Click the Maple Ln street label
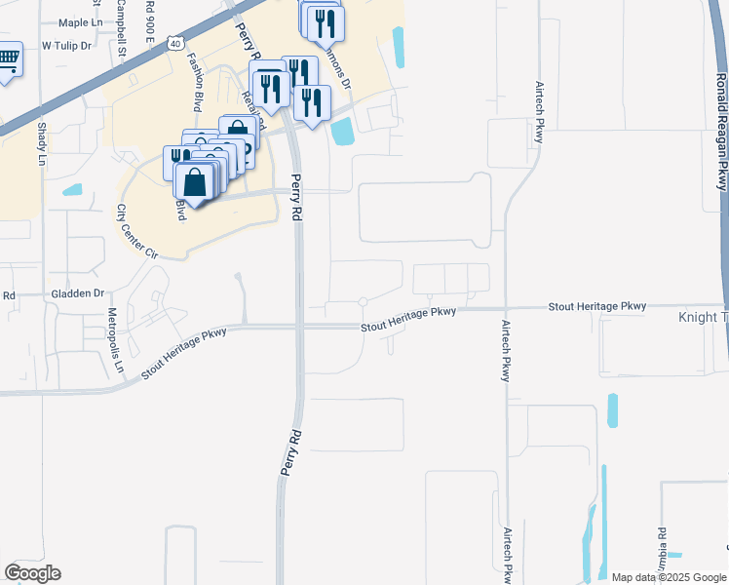pyautogui.click(x=80, y=21)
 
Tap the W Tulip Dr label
pyautogui.click(x=66, y=46)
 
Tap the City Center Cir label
pyautogui.click(x=135, y=229)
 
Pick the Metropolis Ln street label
pyautogui.click(x=115, y=340)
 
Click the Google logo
pyautogui.click(x=31, y=573)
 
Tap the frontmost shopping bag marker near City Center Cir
pyautogui.click(x=195, y=182)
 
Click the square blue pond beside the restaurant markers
pyautogui.click(x=342, y=131)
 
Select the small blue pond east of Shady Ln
pyautogui.click(x=72, y=190)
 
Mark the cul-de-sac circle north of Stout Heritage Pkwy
pyautogui.click(x=363, y=301)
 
